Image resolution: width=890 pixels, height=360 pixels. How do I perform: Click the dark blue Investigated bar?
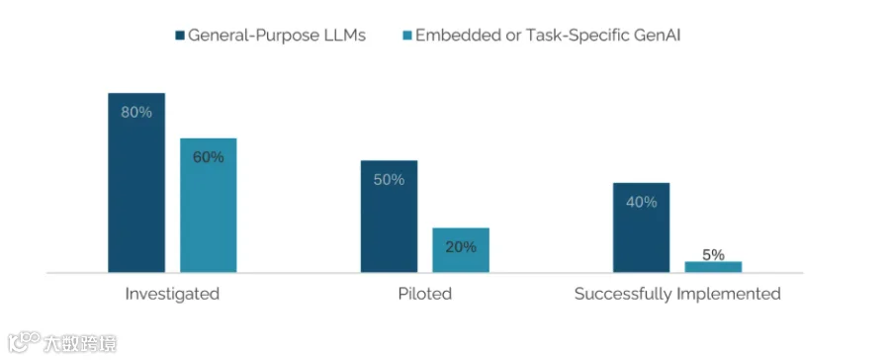[136, 182]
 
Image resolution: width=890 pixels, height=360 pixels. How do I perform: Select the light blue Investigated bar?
[209, 205]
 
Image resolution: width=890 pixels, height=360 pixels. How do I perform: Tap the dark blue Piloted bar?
[389, 217]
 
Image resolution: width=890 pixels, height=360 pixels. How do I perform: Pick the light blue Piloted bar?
[461, 250]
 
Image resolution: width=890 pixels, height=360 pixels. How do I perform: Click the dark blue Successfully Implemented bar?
[642, 227]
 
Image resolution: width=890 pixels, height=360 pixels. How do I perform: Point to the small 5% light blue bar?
[713, 267]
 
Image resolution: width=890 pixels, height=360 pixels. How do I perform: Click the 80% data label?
[136, 113]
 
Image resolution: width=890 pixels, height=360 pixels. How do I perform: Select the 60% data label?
[209, 157]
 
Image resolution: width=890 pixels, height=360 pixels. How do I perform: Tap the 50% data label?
[389, 180]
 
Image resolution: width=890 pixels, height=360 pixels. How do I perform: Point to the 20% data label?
[461, 247]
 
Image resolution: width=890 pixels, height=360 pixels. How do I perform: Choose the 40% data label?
[642, 202]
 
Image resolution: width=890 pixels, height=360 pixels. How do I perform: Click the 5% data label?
[713, 255]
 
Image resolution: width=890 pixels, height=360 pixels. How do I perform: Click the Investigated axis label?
[172, 294]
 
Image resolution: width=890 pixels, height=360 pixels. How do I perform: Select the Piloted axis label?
[424, 294]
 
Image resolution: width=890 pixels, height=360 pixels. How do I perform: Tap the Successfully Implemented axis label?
[677, 294]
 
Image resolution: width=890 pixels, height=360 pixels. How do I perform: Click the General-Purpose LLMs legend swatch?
[180, 36]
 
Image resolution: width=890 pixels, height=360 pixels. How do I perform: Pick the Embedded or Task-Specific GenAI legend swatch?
[407, 36]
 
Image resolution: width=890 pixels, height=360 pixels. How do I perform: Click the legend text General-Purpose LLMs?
[277, 36]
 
